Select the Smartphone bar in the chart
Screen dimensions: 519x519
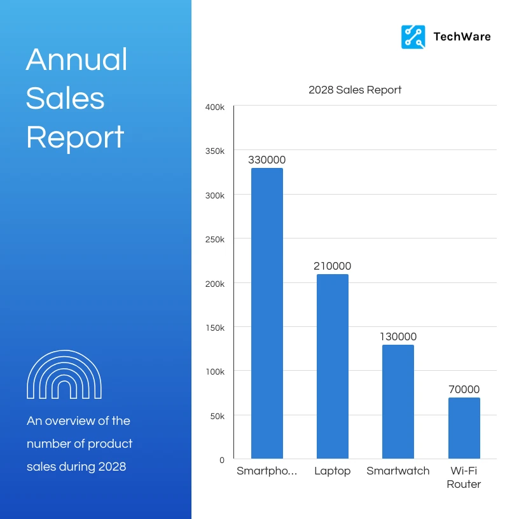click(266, 313)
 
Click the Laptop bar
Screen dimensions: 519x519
click(332, 366)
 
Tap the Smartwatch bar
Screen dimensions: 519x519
click(398, 401)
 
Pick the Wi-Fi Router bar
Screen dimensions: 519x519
click(464, 427)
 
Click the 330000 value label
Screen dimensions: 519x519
click(266, 160)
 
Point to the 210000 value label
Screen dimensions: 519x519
click(332, 266)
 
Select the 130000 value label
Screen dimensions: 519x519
click(398, 337)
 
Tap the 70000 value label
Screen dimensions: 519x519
click(464, 390)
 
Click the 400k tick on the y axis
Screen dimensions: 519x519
click(215, 107)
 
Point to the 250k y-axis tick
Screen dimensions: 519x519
click(215, 240)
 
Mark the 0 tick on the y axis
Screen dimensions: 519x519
click(222, 459)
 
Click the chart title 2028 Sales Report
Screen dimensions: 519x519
click(355, 90)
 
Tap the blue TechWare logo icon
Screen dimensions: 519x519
click(413, 37)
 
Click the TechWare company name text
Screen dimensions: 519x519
click(462, 37)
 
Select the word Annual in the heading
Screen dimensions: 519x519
click(77, 60)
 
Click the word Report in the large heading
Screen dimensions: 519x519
click(75, 137)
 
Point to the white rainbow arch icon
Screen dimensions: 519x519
click(64, 375)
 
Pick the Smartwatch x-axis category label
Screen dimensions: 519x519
click(398, 471)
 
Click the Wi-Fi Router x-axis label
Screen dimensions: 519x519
click(464, 478)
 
